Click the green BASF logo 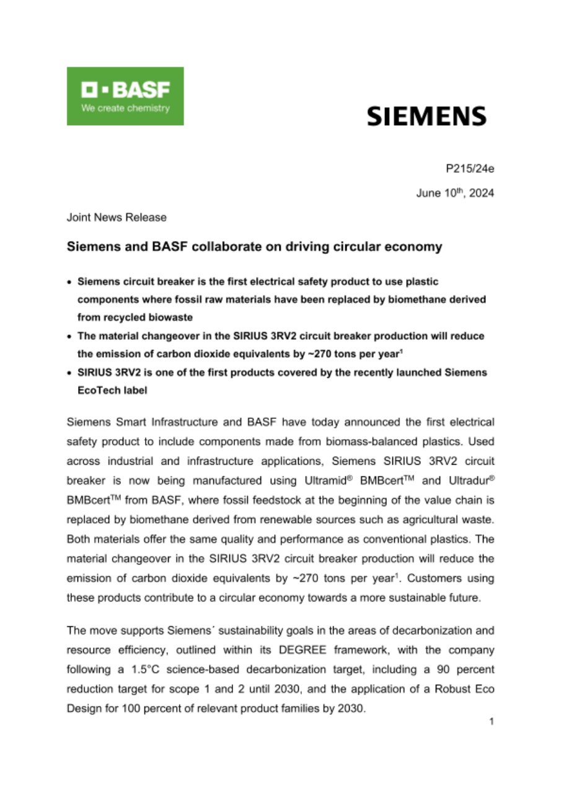pyautogui.click(x=125, y=96)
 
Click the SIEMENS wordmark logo pyautogui.click(x=426, y=116)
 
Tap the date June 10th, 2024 pyautogui.click(x=454, y=193)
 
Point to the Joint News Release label pyautogui.click(x=117, y=217)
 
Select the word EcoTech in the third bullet pyautogui.click(x=96, y=391)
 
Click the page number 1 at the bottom pyautogui.click(x=490, y=722)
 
